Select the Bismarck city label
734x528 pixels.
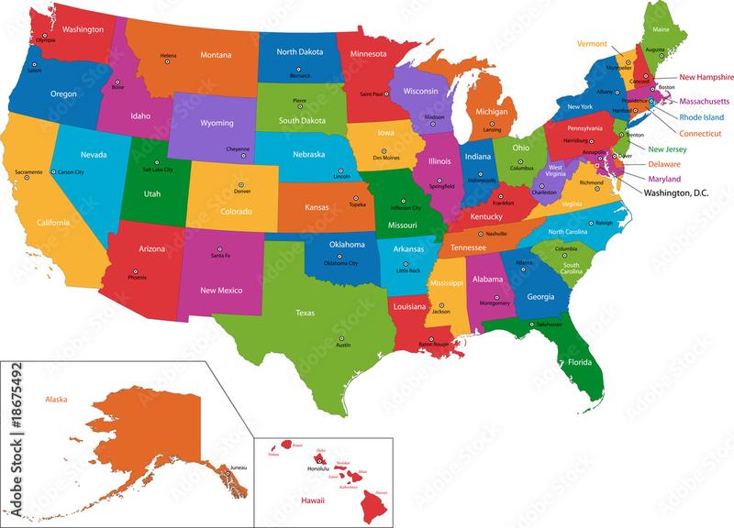click(301, 76)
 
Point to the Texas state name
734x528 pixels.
click(305, 313)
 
